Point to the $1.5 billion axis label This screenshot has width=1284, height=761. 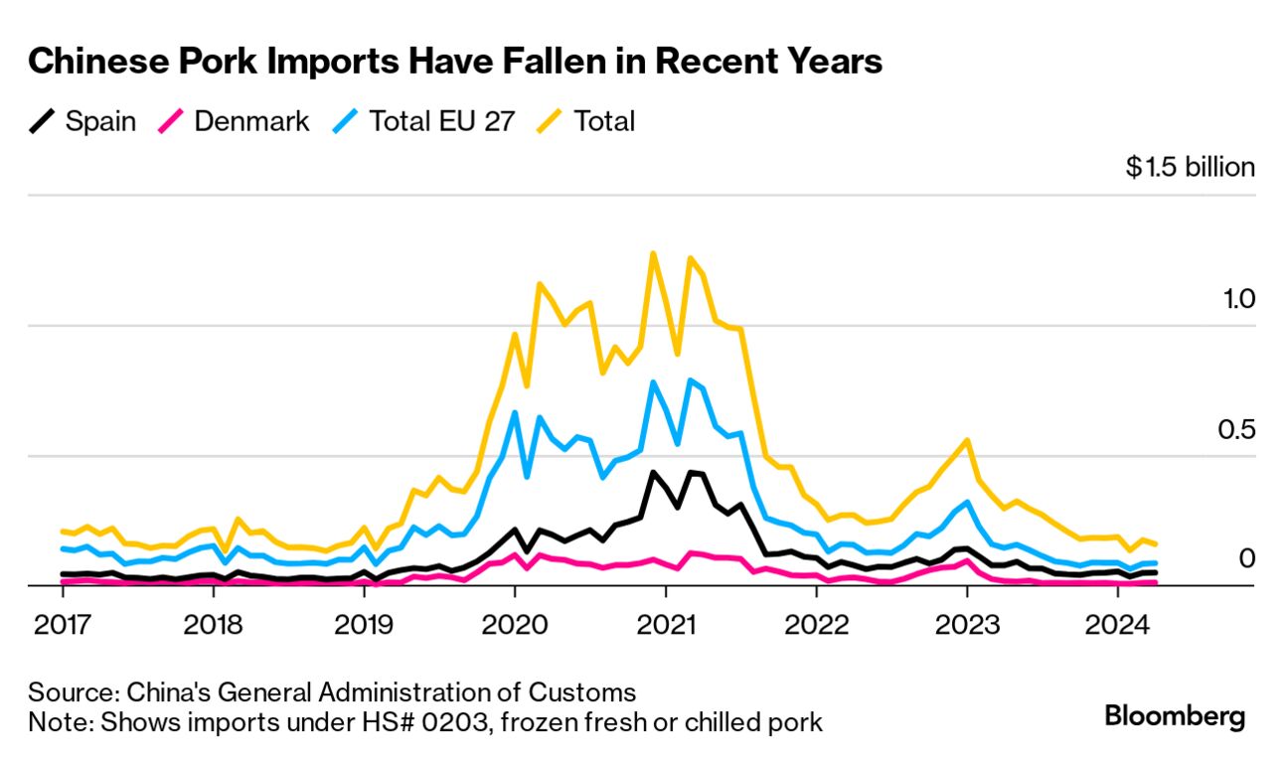[x=1190, y=167]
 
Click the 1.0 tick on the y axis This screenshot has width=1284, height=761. [x=1239, y=299]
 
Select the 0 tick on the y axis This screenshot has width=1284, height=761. [x=1247, y=559]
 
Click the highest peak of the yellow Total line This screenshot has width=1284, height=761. [x=653, y=253]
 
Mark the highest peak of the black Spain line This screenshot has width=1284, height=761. [x=653, y=472]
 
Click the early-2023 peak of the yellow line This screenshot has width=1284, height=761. [x=966, y=439]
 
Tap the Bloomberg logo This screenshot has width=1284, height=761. [x=1175, y=715]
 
